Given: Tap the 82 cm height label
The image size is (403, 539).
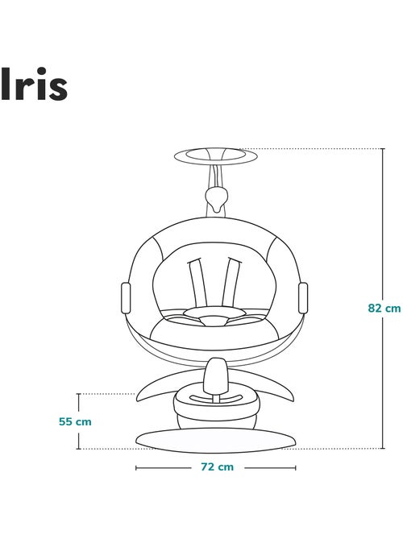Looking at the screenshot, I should pyautogui.click(x=384, y=307).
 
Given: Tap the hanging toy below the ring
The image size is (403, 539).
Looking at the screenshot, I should pyautogui.click(x=216, y=195).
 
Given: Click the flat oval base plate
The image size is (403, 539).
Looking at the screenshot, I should pyautogui.click(x=215, y=437).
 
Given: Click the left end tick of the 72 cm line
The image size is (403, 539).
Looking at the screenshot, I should pyautogui.click(x=136, y=466).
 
